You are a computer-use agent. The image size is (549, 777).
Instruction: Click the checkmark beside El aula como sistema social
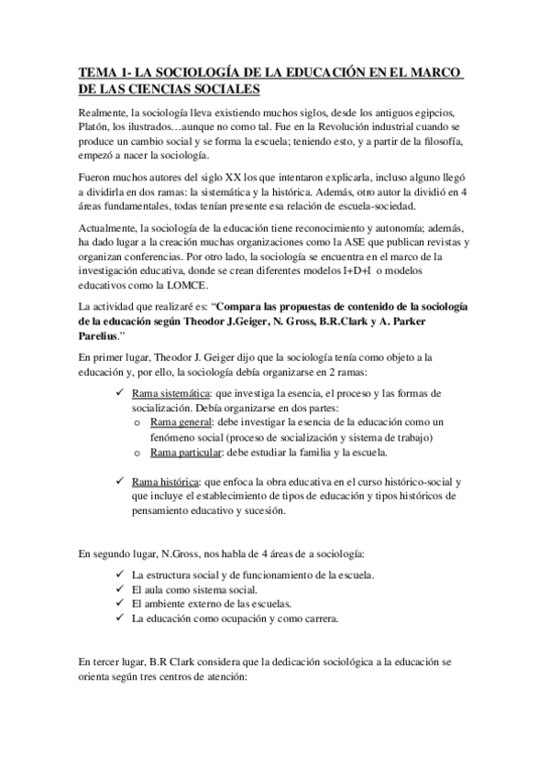coord(121,589)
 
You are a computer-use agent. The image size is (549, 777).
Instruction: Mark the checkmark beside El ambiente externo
coord(121,604)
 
